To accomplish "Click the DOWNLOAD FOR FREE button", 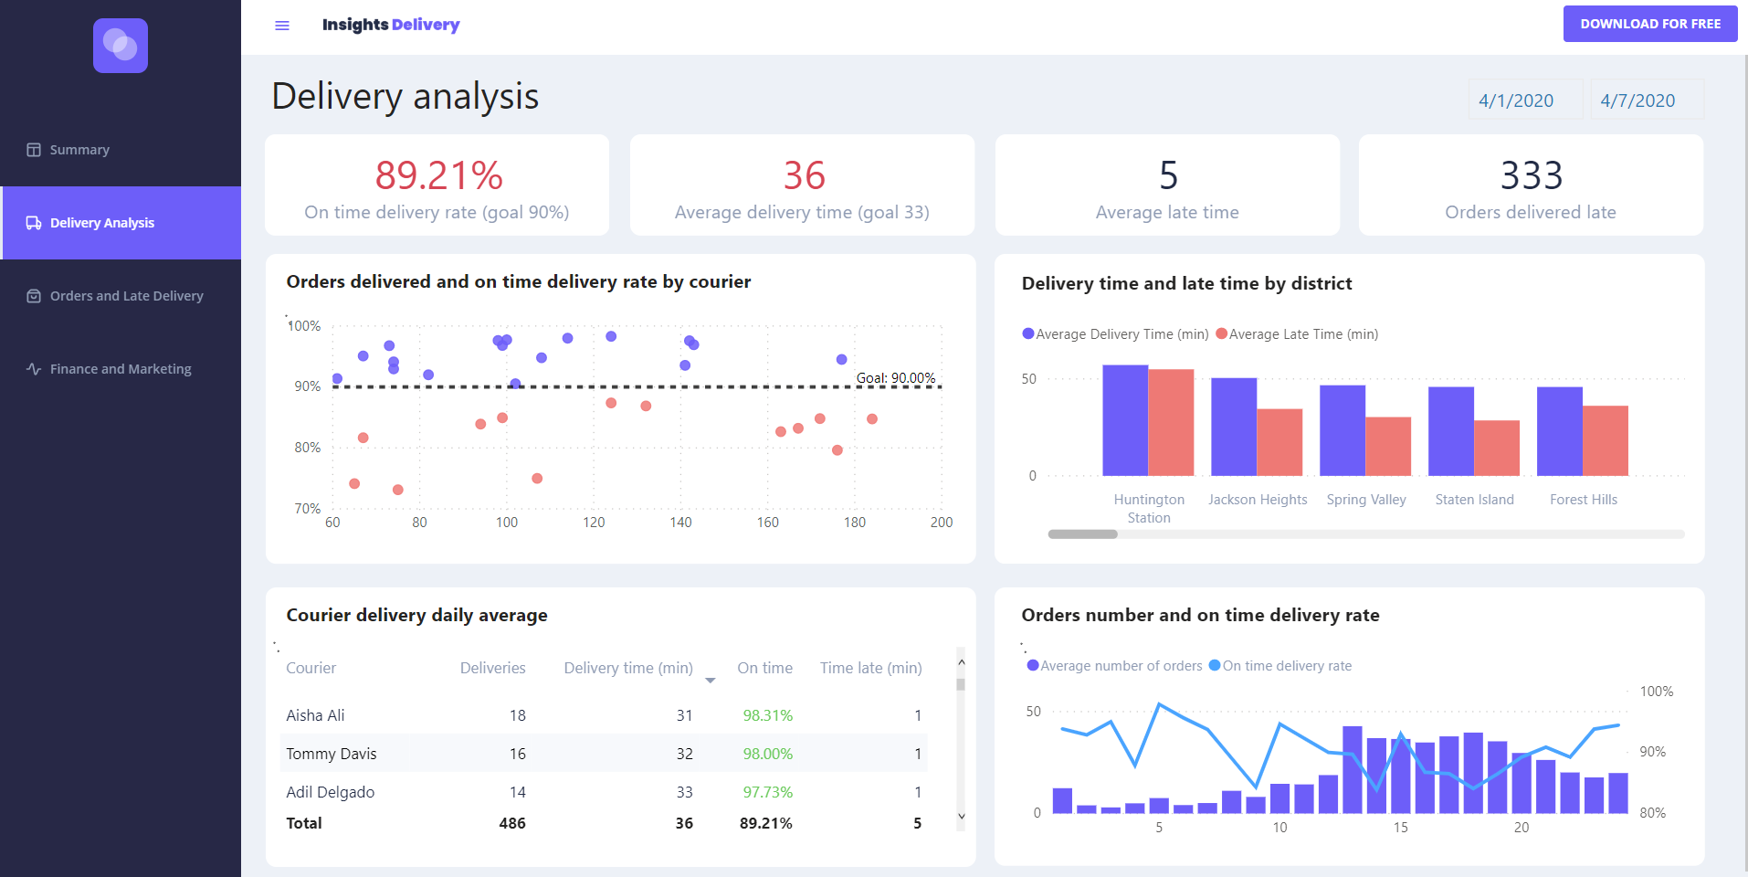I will click(1649, 24).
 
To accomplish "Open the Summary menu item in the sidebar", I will click(79, 150).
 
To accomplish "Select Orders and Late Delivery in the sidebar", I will click(126, 296).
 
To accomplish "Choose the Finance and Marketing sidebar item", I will click(121, 369).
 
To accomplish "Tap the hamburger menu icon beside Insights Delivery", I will click(282, 26).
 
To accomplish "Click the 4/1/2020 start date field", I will click(1516, 100).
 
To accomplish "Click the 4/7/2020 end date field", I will click(1637, 100).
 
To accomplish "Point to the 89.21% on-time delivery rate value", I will click(438, 175).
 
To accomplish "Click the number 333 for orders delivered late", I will click(1531, 175).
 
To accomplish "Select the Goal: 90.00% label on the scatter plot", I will click(895, 378).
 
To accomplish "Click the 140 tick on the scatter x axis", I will click(680, 523).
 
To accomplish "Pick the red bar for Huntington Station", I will click(1171, 422).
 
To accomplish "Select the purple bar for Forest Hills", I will click(1559, 431).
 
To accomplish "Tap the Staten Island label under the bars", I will click(1474, 500).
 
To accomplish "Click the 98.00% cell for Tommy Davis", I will click(767, 754).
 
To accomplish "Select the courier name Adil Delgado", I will click(331, 792).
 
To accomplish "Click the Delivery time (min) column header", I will click(628, 668).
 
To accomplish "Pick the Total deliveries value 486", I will click(511, 823).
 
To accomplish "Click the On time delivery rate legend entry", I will click(1286, 666).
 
